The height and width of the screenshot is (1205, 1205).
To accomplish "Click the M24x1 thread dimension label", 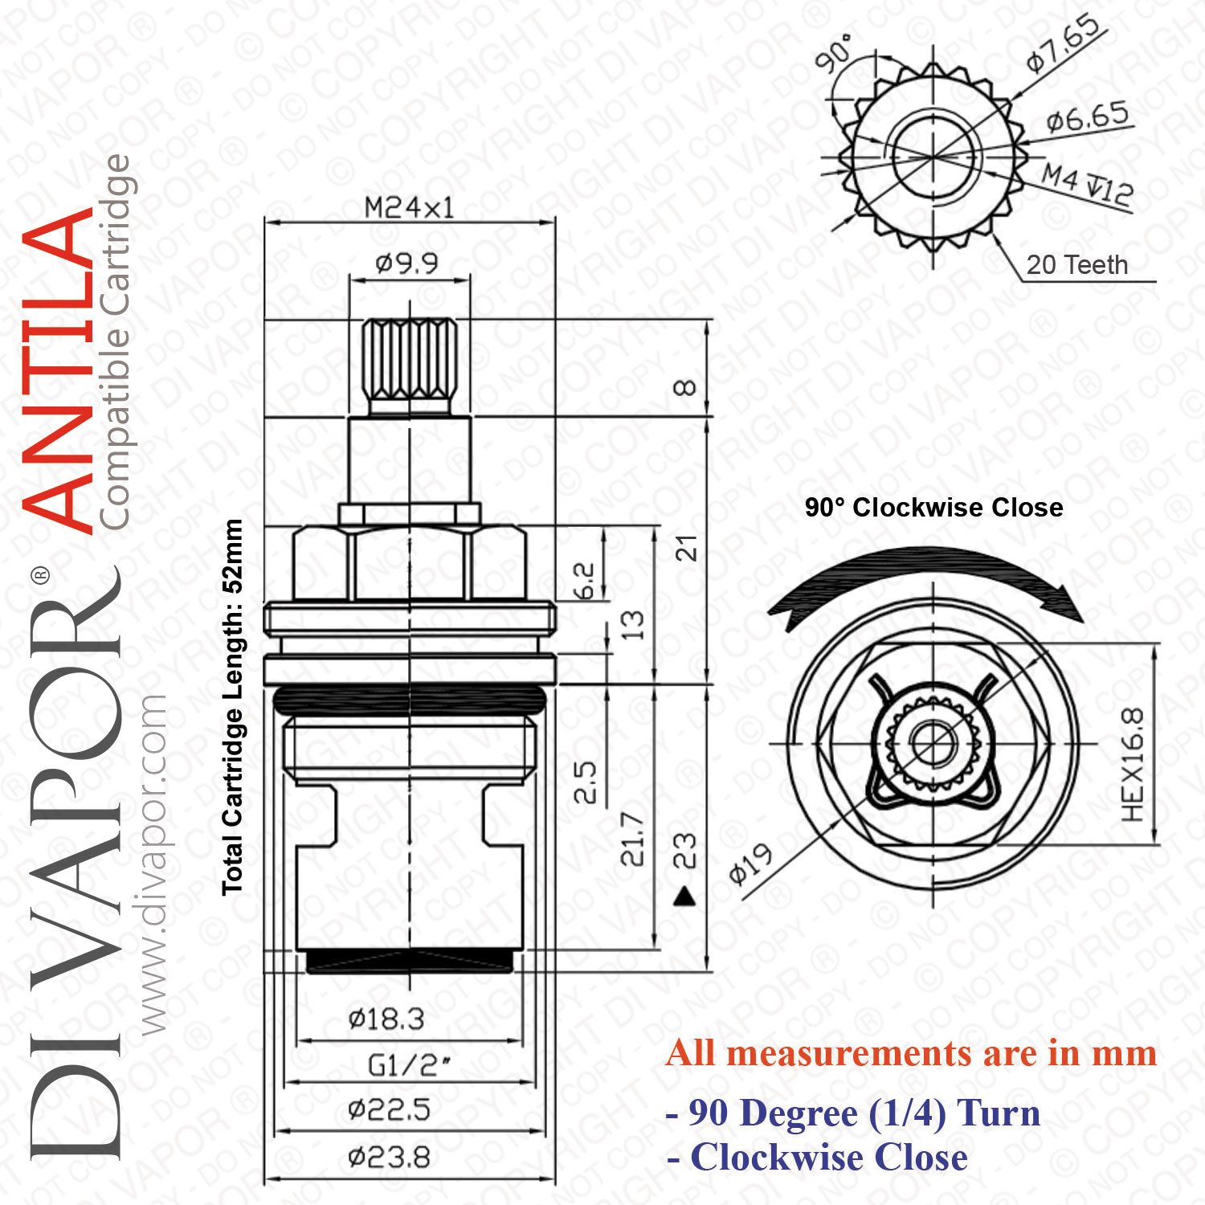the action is tap(409, 208).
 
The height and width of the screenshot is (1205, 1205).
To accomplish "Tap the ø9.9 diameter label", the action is tap(407, 263).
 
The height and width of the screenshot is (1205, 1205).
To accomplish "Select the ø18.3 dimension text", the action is tap(386, 1019).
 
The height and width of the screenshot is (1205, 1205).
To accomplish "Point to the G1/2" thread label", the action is tap(409, 1065).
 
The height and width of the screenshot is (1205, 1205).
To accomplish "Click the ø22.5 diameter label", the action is tap(390, 1110).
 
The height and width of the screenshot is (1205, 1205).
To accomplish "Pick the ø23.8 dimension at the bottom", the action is tap(390, 1158).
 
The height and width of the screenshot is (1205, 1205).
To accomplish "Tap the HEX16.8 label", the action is tap(1132, 765).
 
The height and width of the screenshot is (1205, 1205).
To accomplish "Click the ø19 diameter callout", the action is tap(750, 864).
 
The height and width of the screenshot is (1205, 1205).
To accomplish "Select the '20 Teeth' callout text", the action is tap(1077, 264).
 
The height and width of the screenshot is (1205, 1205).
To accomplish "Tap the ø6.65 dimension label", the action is tap(1088, 118).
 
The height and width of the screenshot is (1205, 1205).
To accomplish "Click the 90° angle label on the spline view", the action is tap(833, 54).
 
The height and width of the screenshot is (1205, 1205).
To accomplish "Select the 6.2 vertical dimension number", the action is tap(585, 581).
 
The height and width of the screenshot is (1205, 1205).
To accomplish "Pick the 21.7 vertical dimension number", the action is tap(632, 839).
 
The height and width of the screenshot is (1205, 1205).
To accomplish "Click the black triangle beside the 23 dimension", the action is tap(684, 896).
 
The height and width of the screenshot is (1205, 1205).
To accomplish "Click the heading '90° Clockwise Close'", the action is tap(933, 508).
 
